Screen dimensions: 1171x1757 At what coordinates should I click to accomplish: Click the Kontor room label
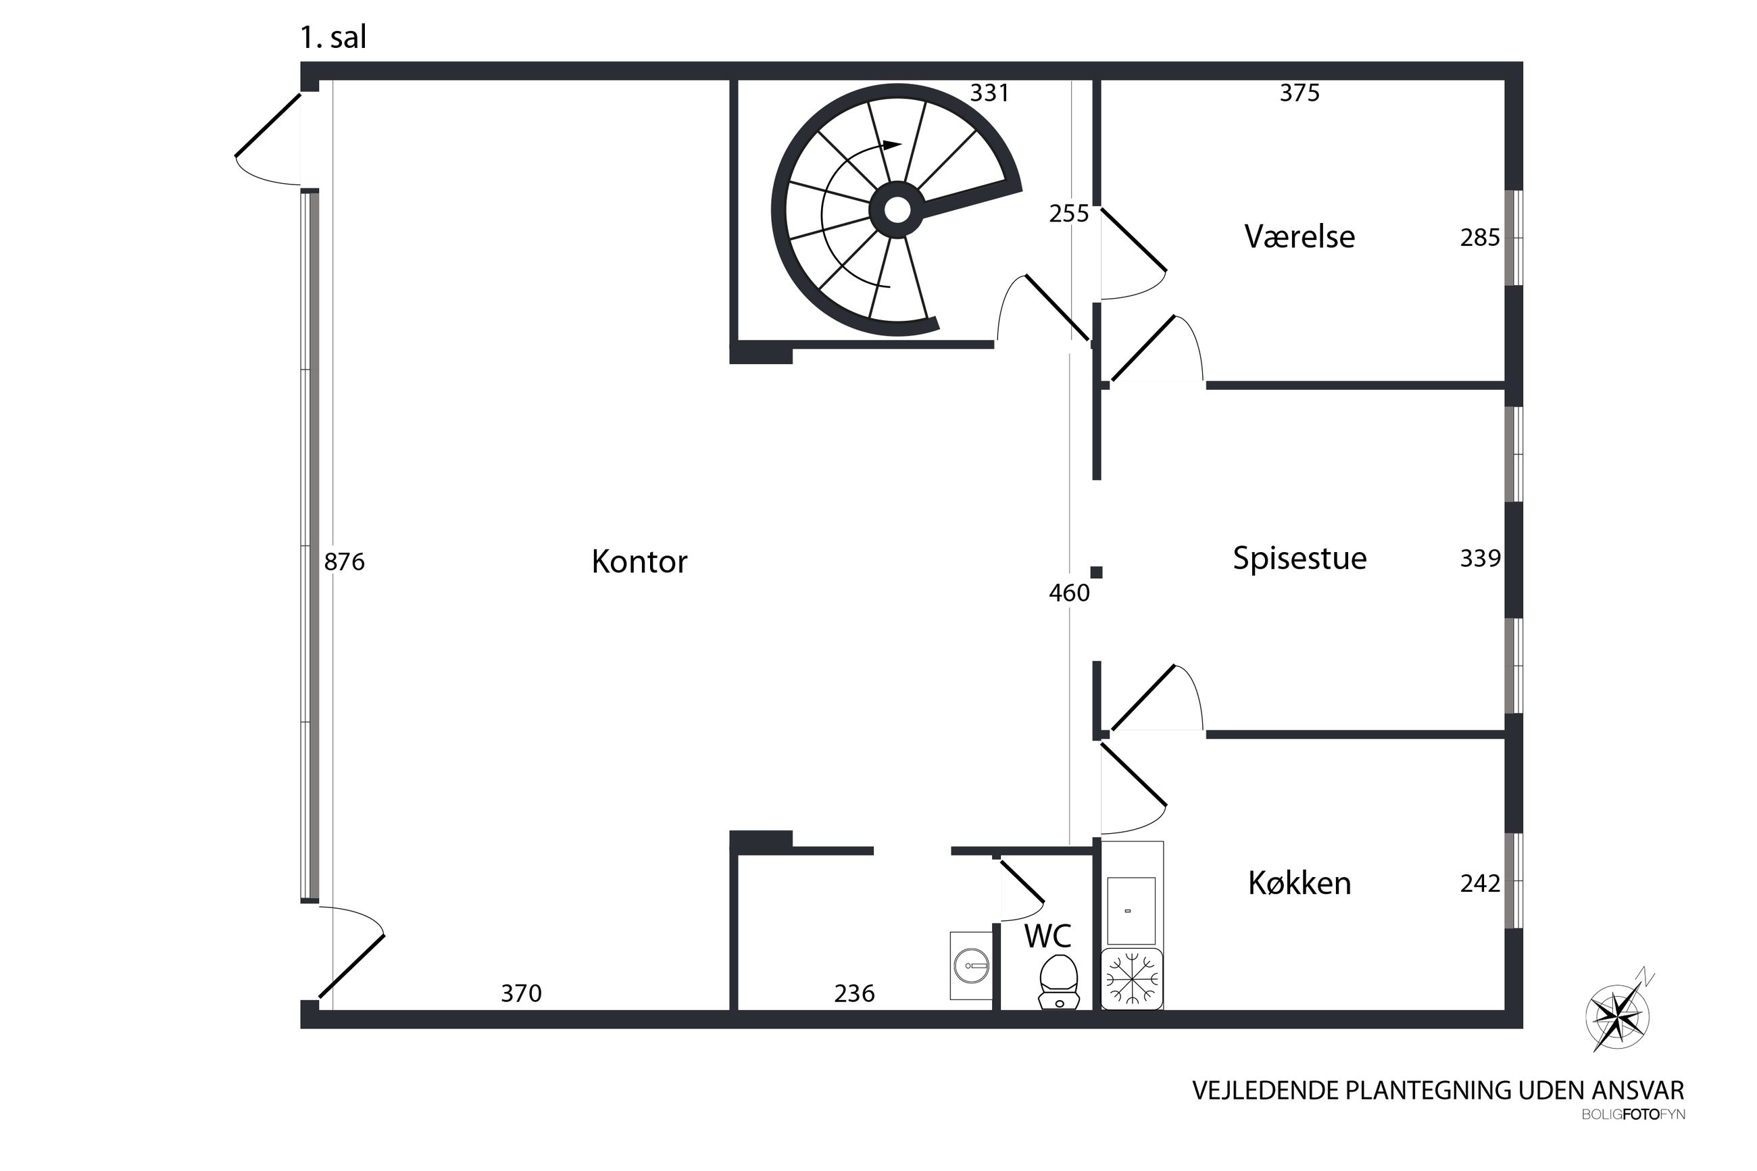(639, 562)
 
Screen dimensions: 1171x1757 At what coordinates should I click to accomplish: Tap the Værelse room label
(1299, 236)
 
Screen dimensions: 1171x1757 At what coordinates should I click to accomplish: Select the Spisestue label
(1299, 559)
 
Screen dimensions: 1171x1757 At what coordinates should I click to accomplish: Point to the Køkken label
(1299, 883)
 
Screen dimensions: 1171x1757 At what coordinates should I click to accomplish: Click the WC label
(1047, 937)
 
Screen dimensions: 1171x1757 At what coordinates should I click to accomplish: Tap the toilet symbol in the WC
(1059, 982)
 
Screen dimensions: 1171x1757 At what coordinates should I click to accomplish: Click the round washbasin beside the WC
(970, 966)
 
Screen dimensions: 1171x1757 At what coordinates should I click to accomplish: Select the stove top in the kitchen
(1131, 979)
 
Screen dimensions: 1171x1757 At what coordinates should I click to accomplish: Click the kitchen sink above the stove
(1131, 910)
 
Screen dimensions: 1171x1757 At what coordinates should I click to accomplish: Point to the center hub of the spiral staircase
(897, 210)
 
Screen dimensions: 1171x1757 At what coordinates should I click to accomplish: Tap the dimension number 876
(344, 562)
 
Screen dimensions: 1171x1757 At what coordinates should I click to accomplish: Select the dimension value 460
(1068, 593)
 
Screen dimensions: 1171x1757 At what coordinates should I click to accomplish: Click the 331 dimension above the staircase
(989, 93)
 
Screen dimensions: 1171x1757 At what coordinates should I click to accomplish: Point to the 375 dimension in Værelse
(1300, 93)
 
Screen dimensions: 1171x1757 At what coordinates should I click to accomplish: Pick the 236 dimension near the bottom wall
(853, 993)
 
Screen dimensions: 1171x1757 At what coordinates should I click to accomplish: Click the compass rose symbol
(1617, 1016)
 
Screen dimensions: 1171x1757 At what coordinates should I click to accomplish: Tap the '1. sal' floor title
(333, 38)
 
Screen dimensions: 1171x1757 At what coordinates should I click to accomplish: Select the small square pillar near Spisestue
(1096, 572)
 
